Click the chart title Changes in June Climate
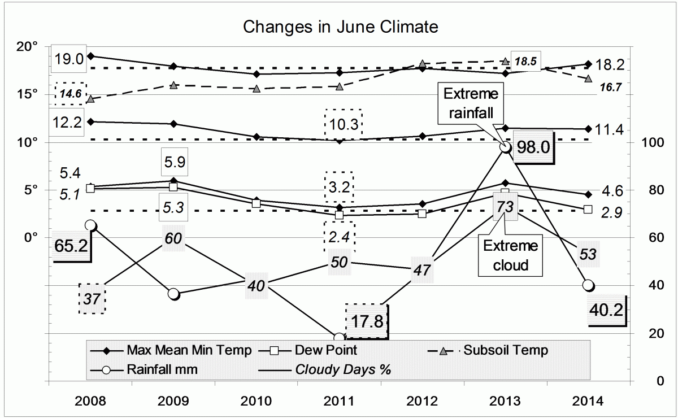point(340,27)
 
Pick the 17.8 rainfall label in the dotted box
point(367,321)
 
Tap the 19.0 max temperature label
point(69,58)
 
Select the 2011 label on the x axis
point(338,402)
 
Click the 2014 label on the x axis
point(588,402)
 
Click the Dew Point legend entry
point(301,350)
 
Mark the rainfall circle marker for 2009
point(173,294)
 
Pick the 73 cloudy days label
point(505,207)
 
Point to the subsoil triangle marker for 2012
point(422,64)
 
